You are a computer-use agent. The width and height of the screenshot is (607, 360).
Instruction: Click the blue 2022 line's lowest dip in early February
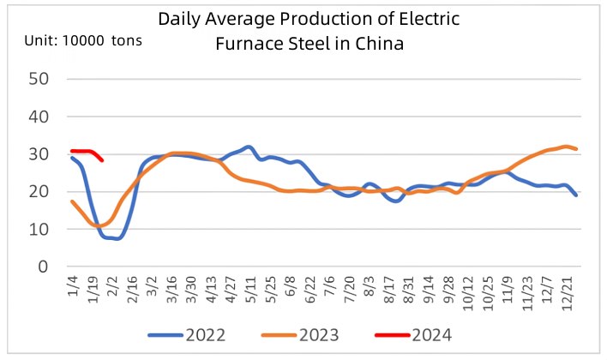coord(117,238)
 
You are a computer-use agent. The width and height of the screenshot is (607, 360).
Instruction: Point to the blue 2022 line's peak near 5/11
coord(248,147)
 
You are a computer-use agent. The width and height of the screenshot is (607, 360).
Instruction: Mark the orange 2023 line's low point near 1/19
coord(96,226)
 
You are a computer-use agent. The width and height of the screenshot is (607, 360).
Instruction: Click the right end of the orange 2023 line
coord(576,149)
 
